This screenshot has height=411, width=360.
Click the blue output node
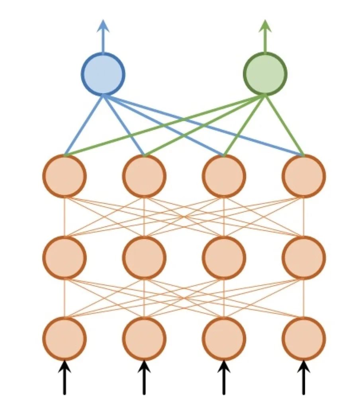point(103,74)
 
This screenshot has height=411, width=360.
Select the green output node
point(265,74)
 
